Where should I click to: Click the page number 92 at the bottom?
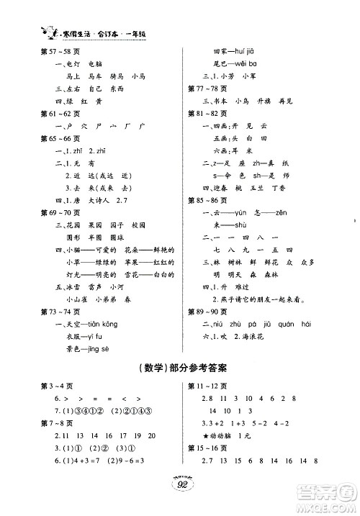point(179,503)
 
